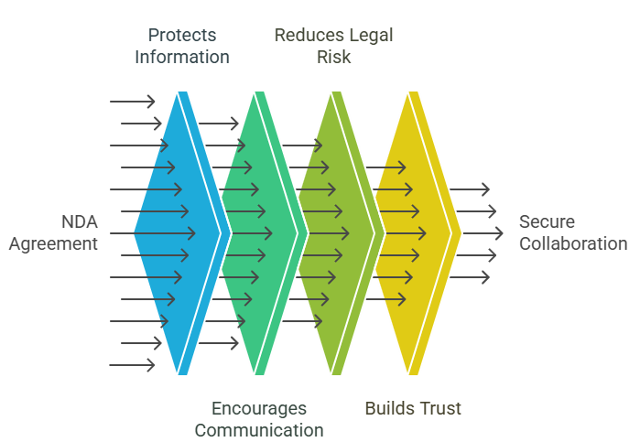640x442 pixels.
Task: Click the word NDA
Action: click(79, 221)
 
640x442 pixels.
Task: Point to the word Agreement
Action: click(53, 243)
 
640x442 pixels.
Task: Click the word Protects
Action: click(182, 36)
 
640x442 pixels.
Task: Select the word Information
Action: click(182, 57)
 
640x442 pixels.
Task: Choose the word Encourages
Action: click(259, 408)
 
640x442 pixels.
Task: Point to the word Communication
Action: click(259, 429)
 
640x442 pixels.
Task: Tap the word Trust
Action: click(439, 408)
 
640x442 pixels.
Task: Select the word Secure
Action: click(548, 221)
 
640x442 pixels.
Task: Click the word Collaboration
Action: click(573, 243)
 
